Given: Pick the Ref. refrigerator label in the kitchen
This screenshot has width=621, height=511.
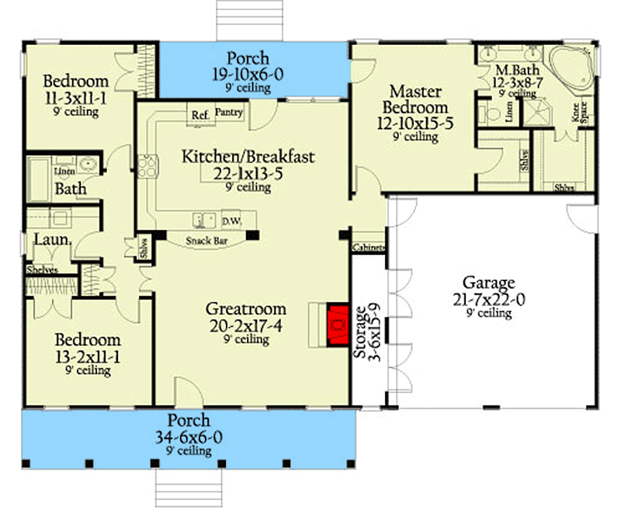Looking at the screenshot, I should (199, 115).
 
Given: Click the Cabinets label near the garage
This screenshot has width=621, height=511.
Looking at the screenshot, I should (368, 247).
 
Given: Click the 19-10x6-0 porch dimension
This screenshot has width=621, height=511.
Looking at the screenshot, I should (248, 74).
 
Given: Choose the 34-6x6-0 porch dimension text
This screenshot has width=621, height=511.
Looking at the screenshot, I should (189, 437).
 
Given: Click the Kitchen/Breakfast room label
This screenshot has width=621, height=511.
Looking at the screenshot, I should (248, 157).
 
